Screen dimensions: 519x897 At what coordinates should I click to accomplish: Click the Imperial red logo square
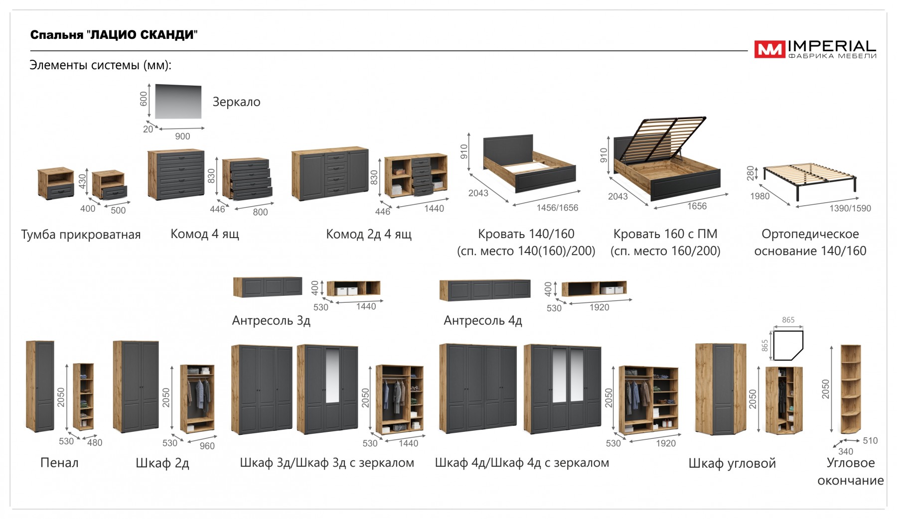coord(769,49)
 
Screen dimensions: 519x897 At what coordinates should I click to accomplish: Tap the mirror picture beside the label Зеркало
coord(178,101)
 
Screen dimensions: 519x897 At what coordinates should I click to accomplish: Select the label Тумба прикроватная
coord(81,235)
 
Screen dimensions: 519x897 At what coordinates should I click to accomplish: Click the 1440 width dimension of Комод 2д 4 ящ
coord(434,209)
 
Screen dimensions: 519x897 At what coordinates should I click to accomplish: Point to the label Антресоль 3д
coord(271,320)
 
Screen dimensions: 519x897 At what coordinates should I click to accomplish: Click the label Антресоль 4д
coord(482,320)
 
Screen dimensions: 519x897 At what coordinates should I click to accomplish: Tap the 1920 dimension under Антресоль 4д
coord(599,307)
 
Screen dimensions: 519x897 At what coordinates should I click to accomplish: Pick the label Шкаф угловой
coord(732,463)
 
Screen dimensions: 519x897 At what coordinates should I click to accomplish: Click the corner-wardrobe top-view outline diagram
coord(788,345)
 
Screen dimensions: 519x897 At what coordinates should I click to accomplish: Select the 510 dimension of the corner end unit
coord(870,440)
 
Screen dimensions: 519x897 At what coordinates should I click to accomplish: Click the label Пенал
coord(59,463)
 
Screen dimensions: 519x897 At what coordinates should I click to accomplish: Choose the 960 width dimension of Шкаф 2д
coord(207,446)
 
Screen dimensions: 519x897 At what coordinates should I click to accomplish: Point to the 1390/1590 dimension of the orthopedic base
coord(850,208)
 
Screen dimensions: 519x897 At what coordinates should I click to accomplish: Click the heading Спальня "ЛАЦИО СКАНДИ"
coord(114,35)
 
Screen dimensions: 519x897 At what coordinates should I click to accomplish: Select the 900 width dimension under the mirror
coord(182,136)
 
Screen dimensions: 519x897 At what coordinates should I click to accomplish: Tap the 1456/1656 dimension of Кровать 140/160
coord(557,208)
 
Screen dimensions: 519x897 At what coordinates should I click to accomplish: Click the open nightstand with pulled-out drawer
coord(110,186)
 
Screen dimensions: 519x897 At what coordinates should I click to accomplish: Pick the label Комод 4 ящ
coord(204,234)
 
